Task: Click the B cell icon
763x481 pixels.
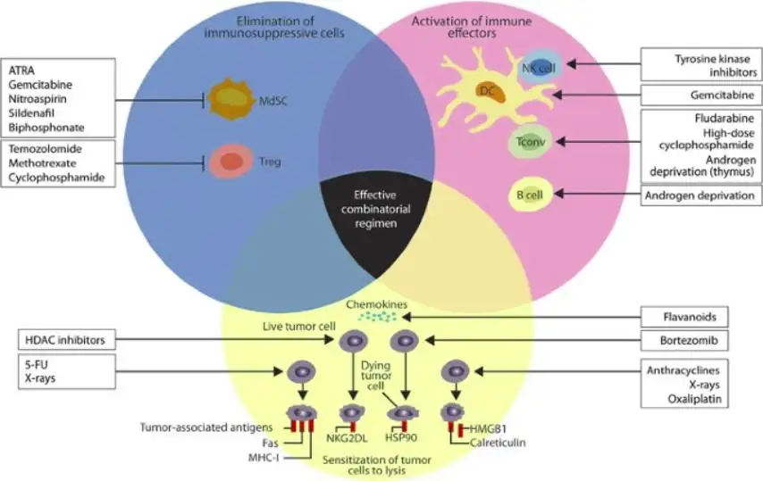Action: [526, 194]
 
